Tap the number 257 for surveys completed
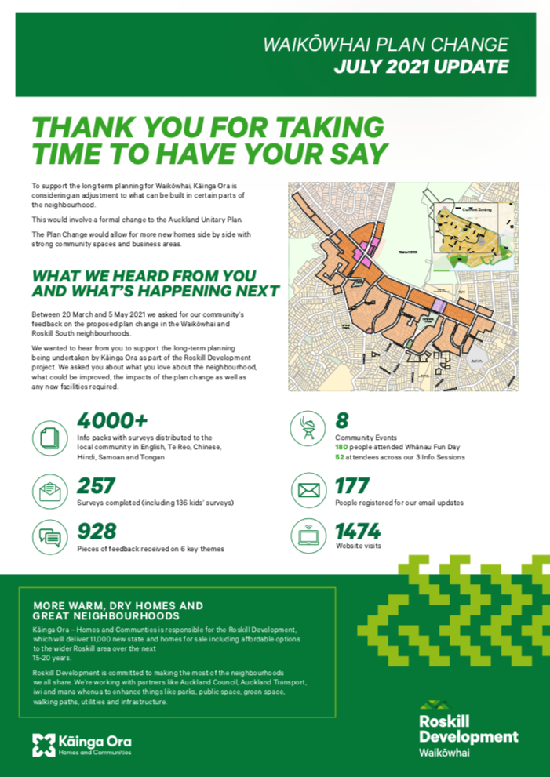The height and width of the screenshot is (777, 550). coord(97,485)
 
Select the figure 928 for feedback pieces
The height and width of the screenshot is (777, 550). coord(97,532)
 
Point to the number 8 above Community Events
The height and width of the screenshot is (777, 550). coord(342,421)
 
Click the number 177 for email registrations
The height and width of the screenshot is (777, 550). coord(352,486)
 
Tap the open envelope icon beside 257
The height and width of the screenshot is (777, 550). coord(49,492)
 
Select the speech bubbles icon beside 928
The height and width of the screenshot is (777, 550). coord(49,537)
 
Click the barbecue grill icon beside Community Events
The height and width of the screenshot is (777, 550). coord(306,428)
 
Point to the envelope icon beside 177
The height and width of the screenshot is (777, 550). coord(306,492)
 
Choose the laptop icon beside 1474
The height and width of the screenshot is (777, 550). coord(306,537)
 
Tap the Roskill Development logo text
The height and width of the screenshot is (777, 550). coord(468,729)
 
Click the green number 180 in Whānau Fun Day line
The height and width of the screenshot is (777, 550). coord(341,447)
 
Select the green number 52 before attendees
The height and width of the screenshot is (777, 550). coord(340,457)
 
